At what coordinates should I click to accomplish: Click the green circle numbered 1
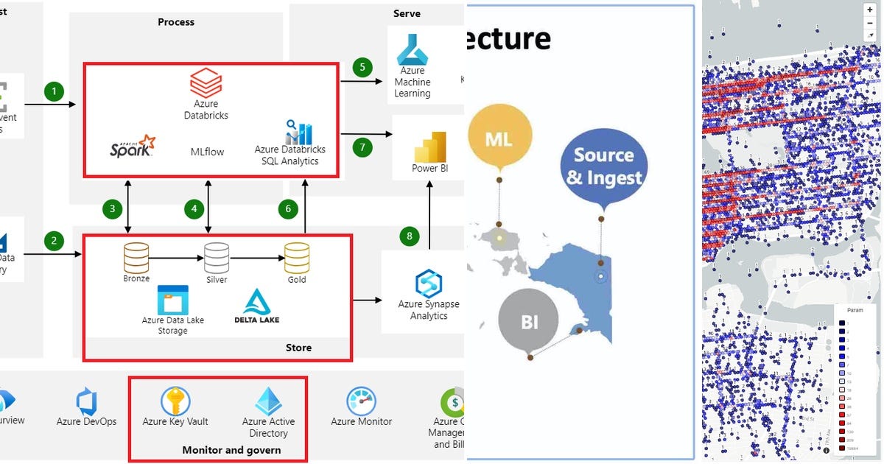[54, 91]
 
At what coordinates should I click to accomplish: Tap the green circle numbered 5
[362, 67]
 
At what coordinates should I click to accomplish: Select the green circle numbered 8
[410, 236]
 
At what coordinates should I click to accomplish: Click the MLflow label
[207, 152]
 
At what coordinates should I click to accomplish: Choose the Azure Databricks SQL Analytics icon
[298, 133]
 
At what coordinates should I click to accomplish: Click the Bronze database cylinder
[136, 257]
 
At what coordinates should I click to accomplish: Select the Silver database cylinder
[217, 257]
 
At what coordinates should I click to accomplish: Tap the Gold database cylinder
[297, 257]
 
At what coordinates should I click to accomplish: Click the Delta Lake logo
[256, 305]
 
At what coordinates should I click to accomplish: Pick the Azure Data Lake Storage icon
[173, 300]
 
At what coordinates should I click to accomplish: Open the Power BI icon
[430, 147]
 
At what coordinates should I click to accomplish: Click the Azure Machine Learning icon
[412, 50]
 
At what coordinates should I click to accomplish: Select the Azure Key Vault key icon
[175, 401]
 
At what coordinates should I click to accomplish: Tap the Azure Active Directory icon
[268, 402]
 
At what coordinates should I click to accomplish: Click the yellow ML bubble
[499, 138]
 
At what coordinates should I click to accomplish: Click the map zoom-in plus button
[869, 9]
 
